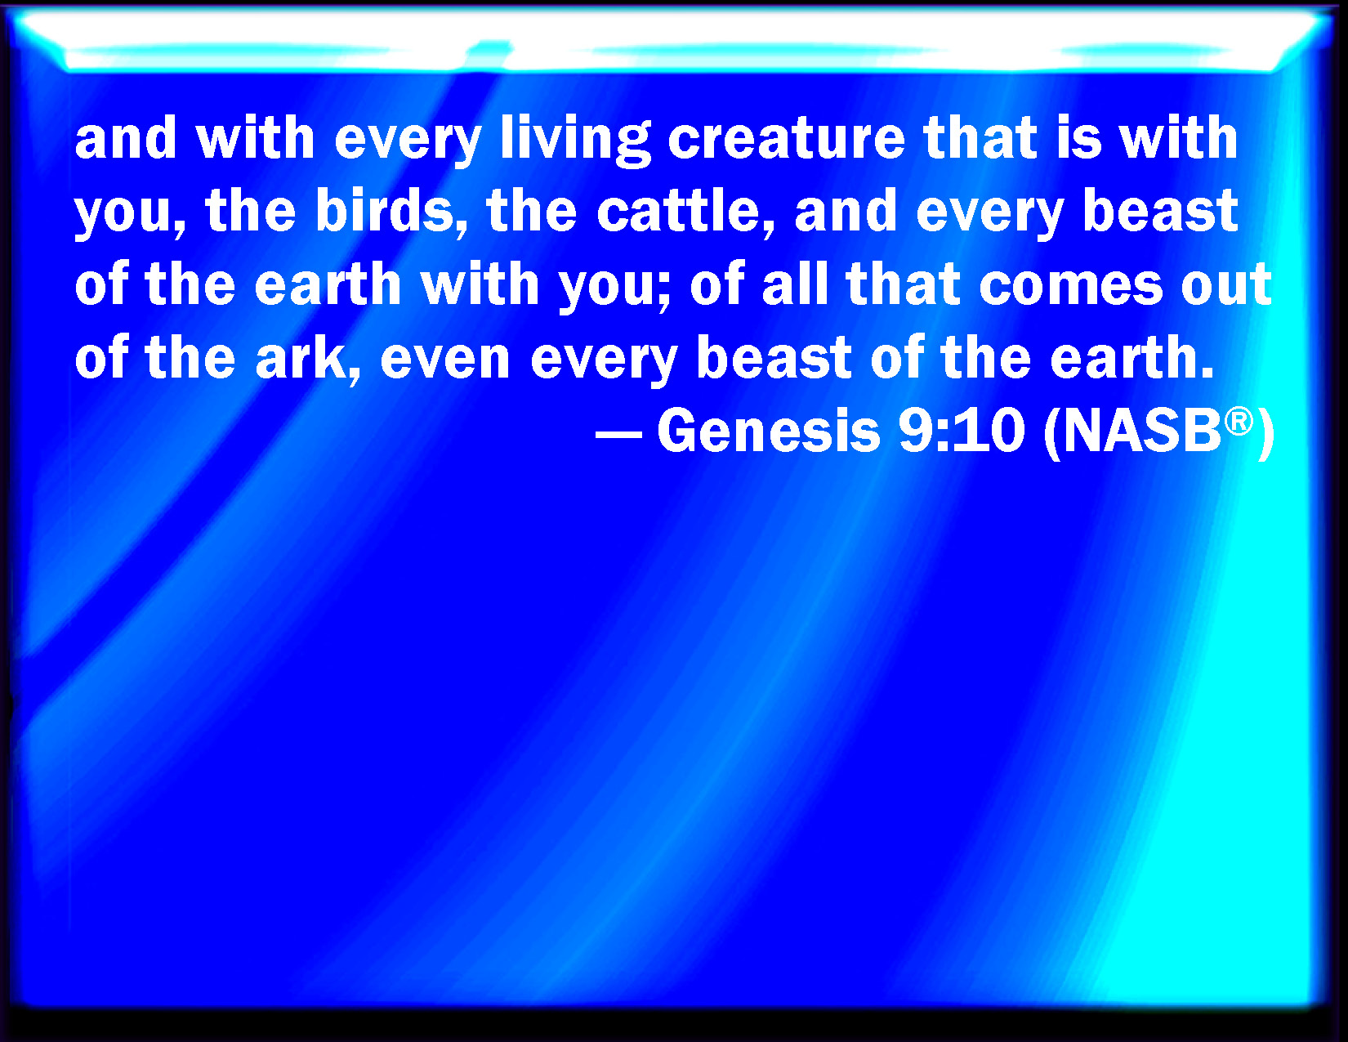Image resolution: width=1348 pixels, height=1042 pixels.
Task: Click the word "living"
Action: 575,141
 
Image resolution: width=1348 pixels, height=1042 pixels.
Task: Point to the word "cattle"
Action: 678,210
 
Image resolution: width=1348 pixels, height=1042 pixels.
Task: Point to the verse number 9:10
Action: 962,430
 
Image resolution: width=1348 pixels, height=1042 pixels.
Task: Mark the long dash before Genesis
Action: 618,433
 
